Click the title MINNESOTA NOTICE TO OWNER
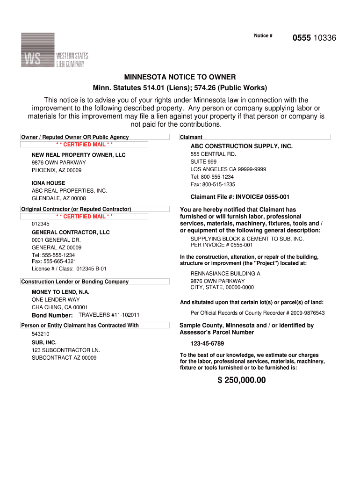tap(180, 77)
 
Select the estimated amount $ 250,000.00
tap(241, 380)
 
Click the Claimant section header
tap(191, 137)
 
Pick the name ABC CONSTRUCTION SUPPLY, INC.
tap(241, 146)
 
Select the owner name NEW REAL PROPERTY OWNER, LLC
tap(79, 155)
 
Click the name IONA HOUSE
tap(48, 183)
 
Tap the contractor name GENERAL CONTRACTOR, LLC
tap(71, 232)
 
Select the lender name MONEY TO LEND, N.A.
tap(60, 292)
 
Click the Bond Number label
tap(52, 315)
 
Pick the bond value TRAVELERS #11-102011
tap(109, 315)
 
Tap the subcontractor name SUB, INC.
tap(44, 342)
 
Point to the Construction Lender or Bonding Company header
tap(75, 282)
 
